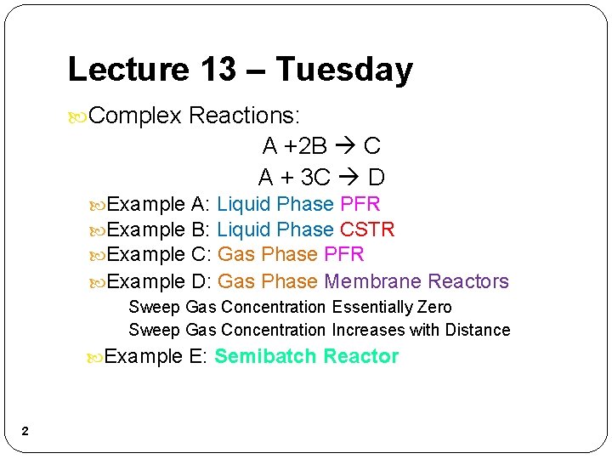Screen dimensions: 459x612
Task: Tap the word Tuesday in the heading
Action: pos(344,70)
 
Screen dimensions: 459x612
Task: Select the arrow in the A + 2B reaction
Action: pos(345,146)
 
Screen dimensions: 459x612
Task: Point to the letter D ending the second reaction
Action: pos(377,178)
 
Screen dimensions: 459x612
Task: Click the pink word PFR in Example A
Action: pos(360,204)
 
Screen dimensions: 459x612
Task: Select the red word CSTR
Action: pos(367,229)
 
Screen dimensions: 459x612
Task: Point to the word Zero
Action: pos(434,307)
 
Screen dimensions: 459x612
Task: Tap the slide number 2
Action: pos(25,432)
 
